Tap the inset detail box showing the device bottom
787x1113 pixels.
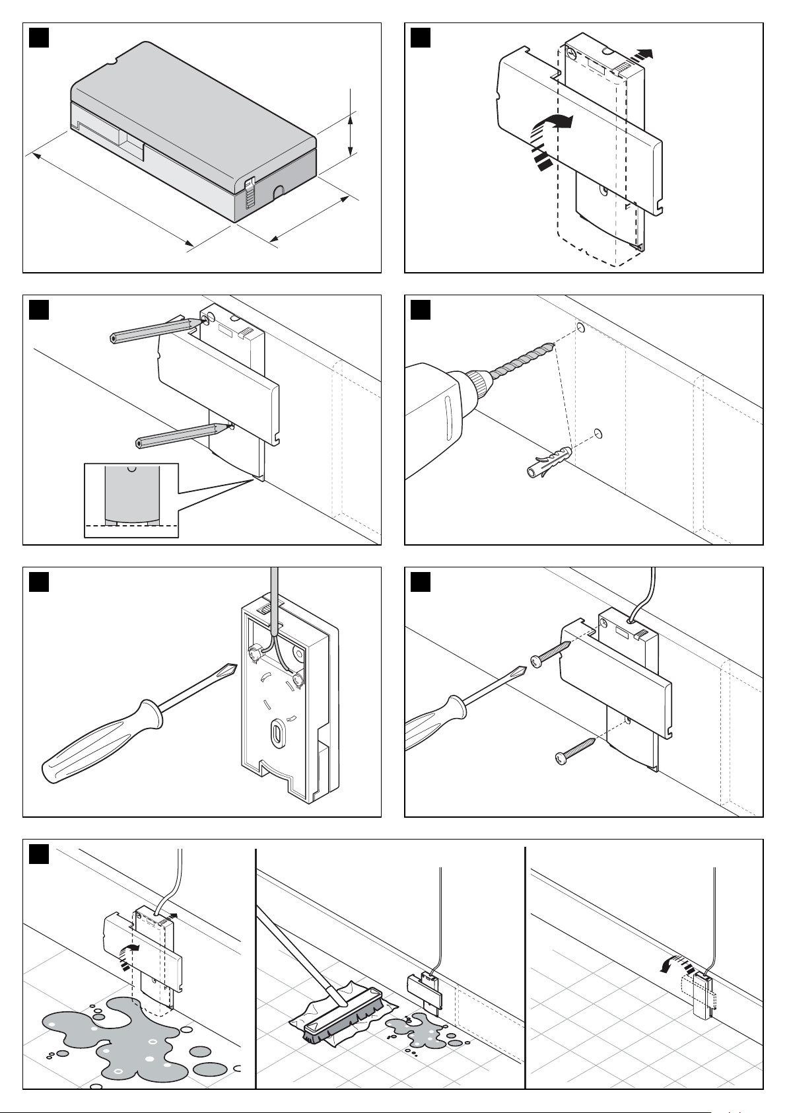(x=131, y=500)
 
